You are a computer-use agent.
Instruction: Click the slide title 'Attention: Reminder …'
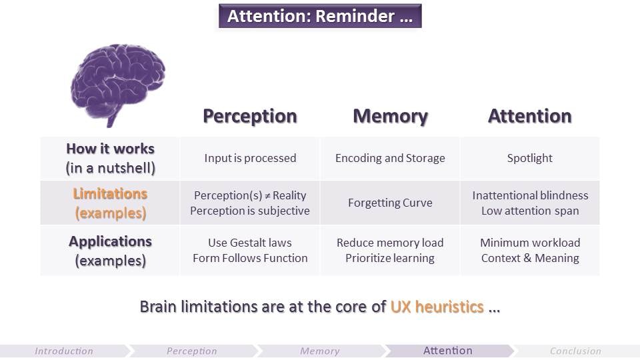click(x=320, y=17)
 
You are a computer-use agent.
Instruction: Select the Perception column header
click(x=250, y=116)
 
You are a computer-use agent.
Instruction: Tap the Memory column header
click(x=390, y=116)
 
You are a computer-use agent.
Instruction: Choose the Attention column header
click(x=529, y=116)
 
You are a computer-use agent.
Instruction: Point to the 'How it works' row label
click(x=110, y=149)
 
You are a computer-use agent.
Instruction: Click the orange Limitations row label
click(x=110, y=194)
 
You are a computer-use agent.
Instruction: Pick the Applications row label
click(x=110, y=241)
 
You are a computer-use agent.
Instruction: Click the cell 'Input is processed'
click(x=250, y=158)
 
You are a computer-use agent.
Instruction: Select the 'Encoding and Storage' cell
click(x=390, y=158)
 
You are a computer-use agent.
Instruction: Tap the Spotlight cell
click(x=529, y=158)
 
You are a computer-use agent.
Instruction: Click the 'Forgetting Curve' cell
click(x=390, y=203)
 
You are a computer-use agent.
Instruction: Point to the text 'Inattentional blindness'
click(x=530, y=195)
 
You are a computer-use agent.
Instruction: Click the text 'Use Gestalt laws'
click(x=250, y=243)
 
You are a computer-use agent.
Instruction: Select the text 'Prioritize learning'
click(x=390, y=258)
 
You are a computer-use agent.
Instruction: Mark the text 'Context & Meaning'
click(x=530, y=258)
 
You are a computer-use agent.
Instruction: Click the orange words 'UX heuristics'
click(x=437, y=307)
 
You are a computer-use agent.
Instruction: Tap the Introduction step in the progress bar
click(x=64, y=351)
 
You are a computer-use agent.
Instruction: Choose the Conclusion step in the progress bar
click(x=575, y=351)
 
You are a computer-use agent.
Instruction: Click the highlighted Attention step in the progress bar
click(x=448, y=351)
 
